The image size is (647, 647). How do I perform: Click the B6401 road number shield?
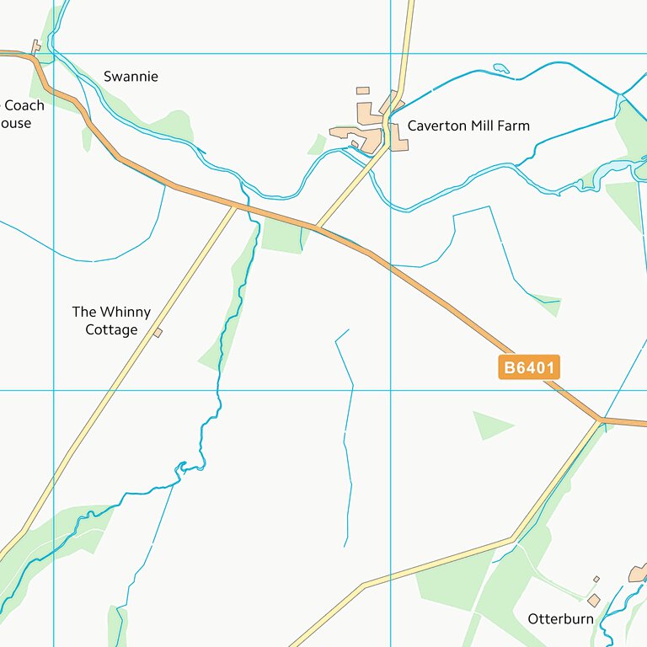point(529,367)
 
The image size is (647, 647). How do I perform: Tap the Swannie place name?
point(131,77)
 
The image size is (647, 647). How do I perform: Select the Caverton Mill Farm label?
point(468,126)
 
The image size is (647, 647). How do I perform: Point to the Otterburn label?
point(560,619)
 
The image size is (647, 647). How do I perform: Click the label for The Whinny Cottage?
point(111,321)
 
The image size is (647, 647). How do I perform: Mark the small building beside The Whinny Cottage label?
point(158,333)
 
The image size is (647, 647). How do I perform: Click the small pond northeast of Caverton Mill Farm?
point(501,68)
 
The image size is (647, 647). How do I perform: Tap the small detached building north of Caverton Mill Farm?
point(362,90)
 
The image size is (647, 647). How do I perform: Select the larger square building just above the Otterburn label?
point(594,600)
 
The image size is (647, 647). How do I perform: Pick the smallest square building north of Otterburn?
point(596,580)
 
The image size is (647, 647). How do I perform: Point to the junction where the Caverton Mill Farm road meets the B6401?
point(316,227)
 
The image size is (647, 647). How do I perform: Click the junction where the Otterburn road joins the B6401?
point(600,419)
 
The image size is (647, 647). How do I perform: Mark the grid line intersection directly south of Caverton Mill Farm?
point(391,390)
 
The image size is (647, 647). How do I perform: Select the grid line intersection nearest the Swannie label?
point(54,53)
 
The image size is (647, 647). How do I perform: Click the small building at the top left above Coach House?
point(35,45)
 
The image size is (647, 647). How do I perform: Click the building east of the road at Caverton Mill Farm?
point(398,145)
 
